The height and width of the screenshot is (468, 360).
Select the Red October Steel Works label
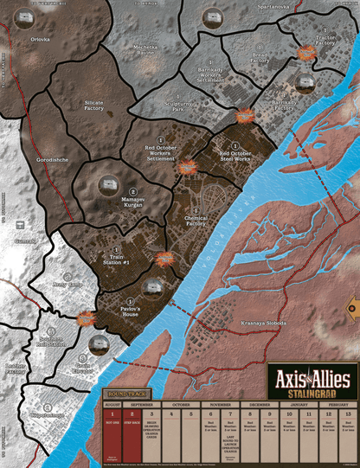tap(230, 157)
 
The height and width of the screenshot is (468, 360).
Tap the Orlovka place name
tap(40, 39)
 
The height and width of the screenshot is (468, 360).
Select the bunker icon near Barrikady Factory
tap(303, 83)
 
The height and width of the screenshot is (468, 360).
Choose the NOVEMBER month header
tap(219, 404)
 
